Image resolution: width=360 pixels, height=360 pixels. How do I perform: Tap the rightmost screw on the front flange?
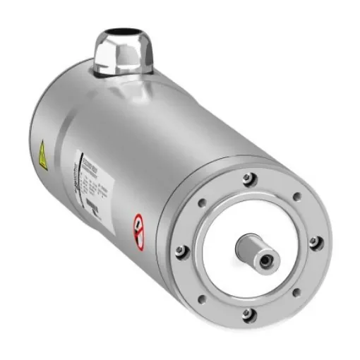click(313, 241)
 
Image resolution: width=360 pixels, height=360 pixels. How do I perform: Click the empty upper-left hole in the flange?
click(202, 203)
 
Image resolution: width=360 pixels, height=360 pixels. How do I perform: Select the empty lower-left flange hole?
click(202, 299)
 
